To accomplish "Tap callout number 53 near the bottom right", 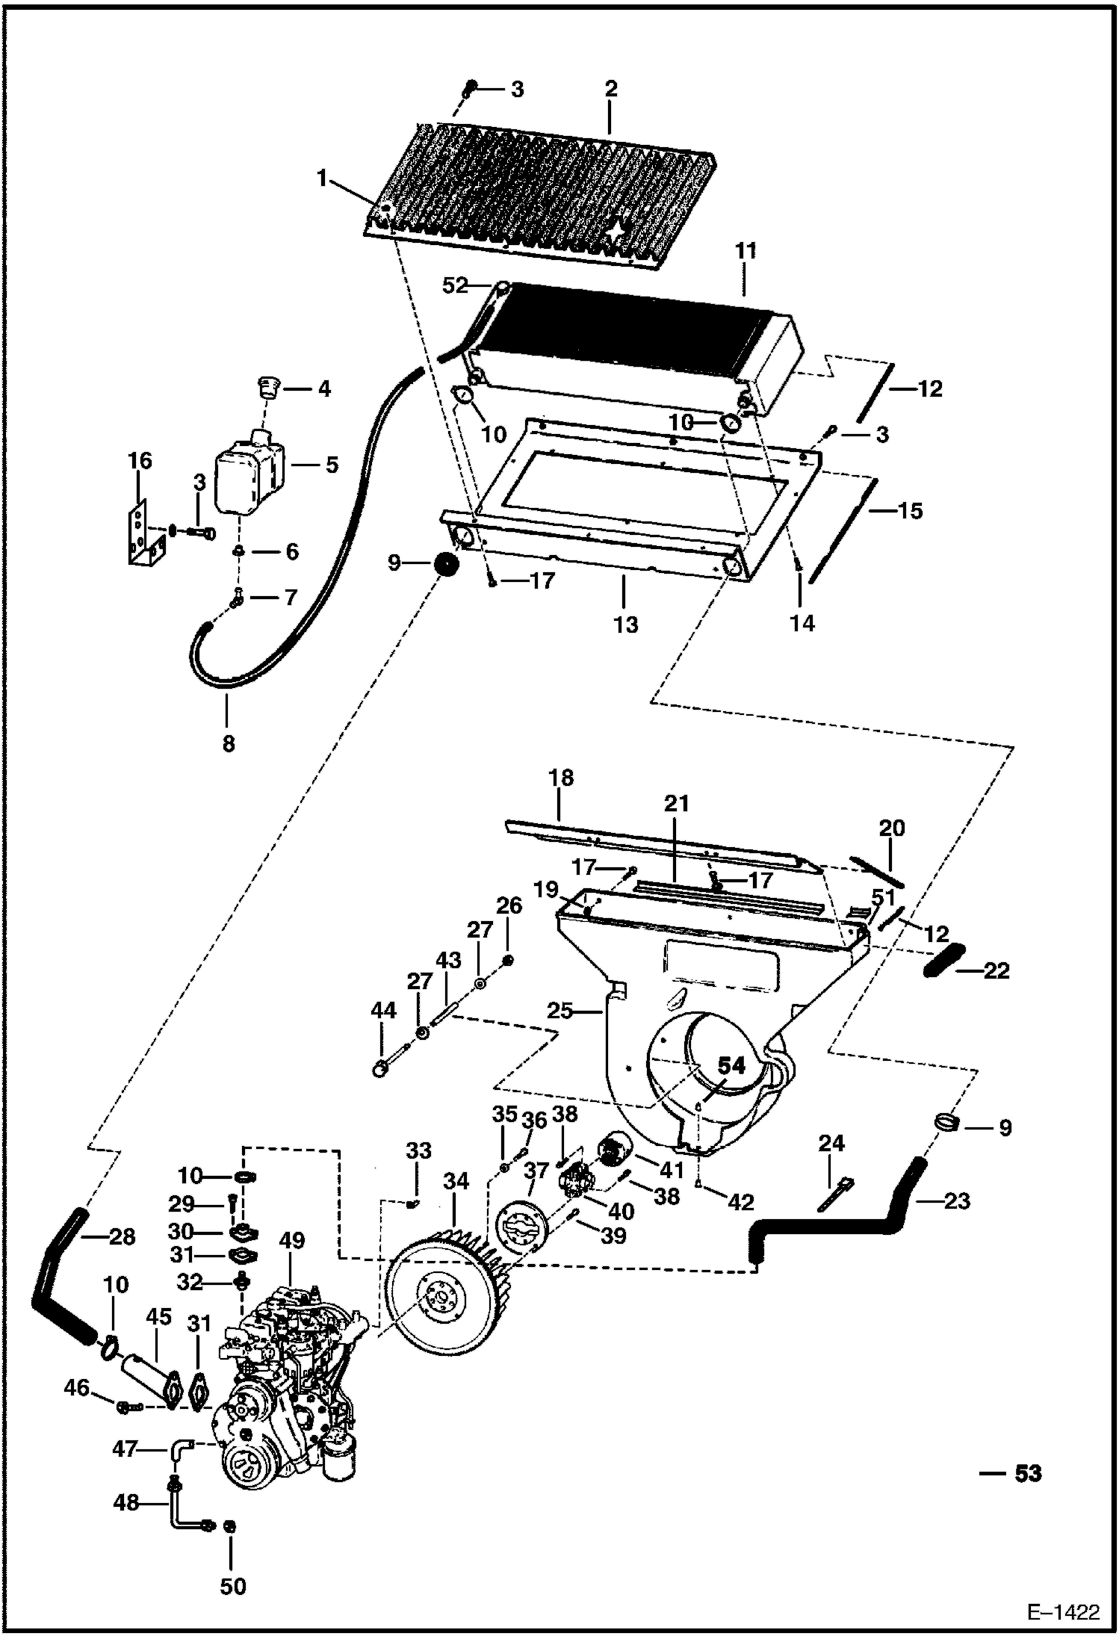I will coord(1028,1473).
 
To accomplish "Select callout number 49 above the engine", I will coord(292,1240).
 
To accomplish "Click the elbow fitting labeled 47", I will coord(182,1449).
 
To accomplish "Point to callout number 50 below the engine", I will coord(232,1585).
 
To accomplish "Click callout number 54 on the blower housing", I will coord(731,1066).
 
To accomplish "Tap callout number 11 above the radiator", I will coord(745,251).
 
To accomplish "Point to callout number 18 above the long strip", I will coord(561,777).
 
